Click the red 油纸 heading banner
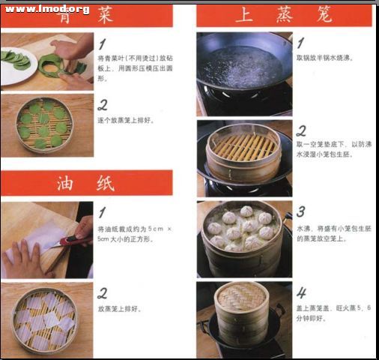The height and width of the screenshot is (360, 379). pyautogui.click(x=86, y=182)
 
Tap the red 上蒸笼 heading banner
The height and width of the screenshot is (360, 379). pyautogui.click(x=284, y=15)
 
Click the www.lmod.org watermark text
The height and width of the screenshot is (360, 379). pyautogui.click(x=47, y=8)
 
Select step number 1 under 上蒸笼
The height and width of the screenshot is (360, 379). pyautogui.click(x=300, y=43)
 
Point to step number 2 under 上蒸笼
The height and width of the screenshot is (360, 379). pyautogui.click(x=301, y=130)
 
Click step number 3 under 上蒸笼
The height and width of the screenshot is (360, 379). pyautogui.click(x=300, y=211)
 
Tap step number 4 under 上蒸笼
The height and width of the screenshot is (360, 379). pyautogui.click(x=301, y=293)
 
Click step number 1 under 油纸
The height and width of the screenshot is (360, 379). pyautogui.click(x=103, y=212)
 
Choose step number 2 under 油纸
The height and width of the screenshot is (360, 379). pyautogui.click(x=103, y=293)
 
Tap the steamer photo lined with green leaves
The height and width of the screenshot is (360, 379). pyautogui.click(x=46, y=124)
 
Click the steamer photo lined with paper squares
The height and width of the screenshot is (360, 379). pyautogui.click(x=46, y=319)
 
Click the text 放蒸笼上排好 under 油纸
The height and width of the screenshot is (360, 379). pyautogui.click(x=119, y=308)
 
